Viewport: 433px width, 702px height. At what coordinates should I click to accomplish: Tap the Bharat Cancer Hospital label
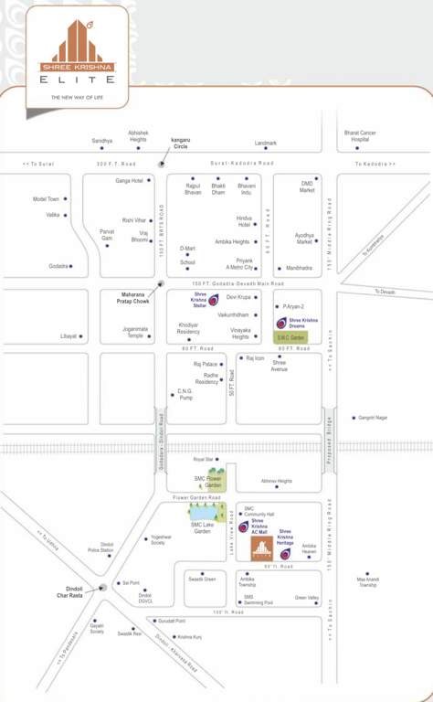click(x=360, y=136)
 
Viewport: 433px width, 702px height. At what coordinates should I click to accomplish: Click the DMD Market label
click(x=307, y=187)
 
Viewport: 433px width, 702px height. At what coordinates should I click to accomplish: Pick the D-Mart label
click(x=187, y=248)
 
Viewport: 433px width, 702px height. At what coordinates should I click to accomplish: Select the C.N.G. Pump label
click(x=185, y=395)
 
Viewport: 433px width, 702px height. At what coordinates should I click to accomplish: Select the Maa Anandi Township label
click(x=367, y=581)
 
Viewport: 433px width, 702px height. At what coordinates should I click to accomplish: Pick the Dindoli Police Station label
click(x=100, y=547)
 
